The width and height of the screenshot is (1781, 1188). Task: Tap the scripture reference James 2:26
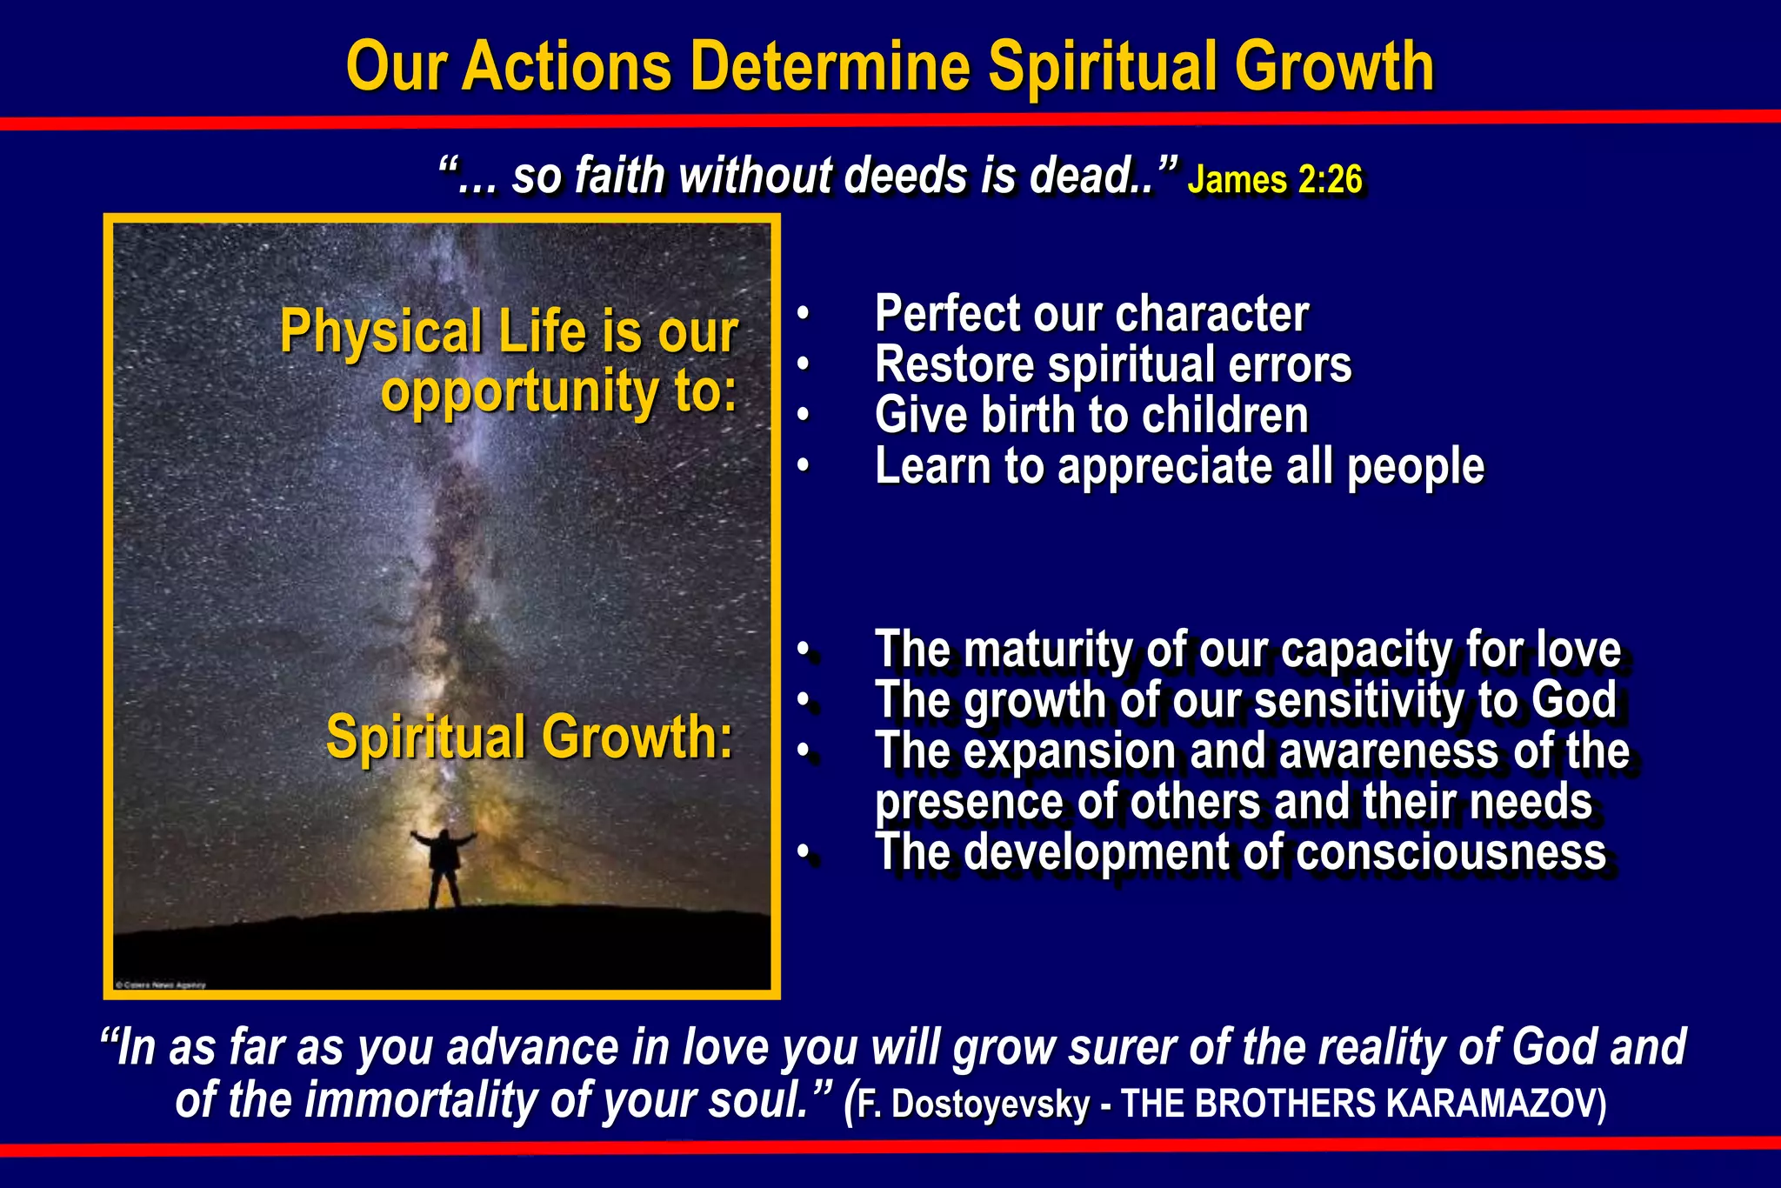pyautogui.click(x=1275, y=179)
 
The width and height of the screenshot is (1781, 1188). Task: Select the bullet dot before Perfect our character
pyautogui.click(x=804, y=315)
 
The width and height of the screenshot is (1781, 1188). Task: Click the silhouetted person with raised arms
pyautogui.click(x=444, y=865)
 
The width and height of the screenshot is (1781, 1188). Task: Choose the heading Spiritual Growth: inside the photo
pyautogui.click(x=530, y=737)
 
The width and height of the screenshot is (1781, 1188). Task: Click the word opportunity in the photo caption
pyautogui.click(x=518, y=390)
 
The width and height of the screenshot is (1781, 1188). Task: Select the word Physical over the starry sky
pyautogui.click(x=381, y=332)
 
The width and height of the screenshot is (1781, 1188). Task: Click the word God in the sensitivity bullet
pyautogui.click(x=1574, y=700)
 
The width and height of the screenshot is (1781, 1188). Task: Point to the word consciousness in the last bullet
pyautogui.click(x=1451, y=852)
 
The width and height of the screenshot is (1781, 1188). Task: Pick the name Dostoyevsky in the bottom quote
pyautogui.click(x=991, y=1104)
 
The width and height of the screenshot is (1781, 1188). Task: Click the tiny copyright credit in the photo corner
pyautogui.click(x=161, y=985)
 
